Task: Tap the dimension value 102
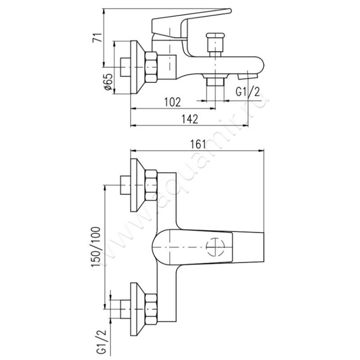point(172,102)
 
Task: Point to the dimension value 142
point(190,119)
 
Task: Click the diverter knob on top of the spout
point(215,43)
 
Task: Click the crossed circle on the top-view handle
point(215,247)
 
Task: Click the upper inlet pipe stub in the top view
point(124,184)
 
